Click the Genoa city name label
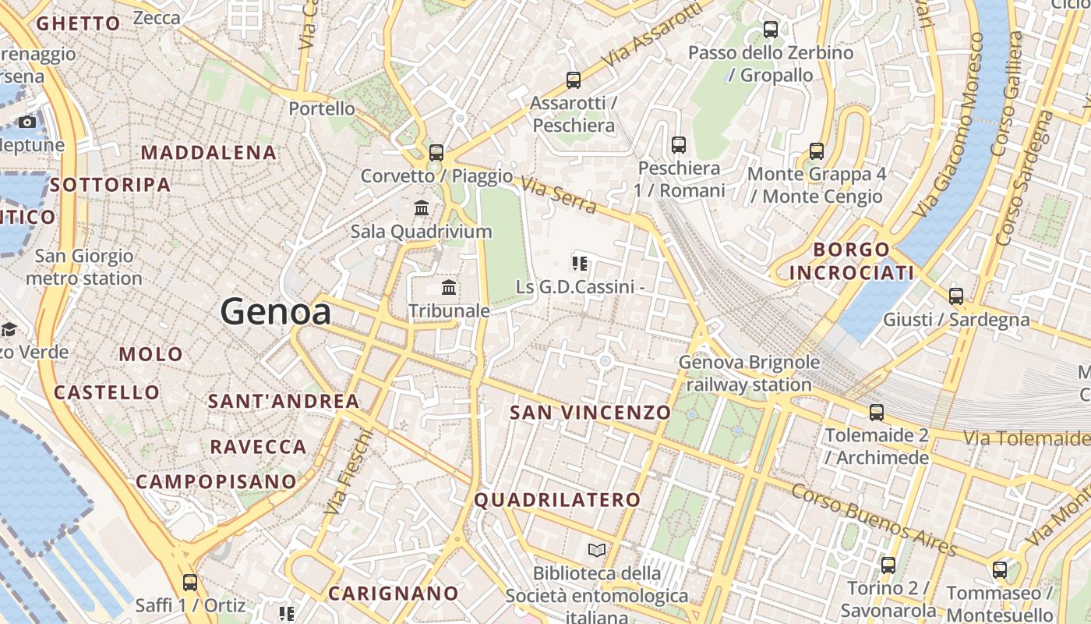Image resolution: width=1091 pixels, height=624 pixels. [275, 312]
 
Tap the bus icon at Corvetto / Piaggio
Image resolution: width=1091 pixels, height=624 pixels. [436, 152]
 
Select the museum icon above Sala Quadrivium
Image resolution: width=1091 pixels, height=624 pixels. [422, 207]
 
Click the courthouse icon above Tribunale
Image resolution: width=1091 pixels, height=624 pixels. [449, 287]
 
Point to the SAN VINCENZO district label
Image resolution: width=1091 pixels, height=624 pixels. [590, 413]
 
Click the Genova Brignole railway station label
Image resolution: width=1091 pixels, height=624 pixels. [749, 373]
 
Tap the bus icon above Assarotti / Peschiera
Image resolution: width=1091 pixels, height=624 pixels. [574, 80]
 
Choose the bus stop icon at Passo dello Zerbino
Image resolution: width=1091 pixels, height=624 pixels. [771, 30]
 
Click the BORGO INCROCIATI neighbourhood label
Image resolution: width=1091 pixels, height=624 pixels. [851, 261]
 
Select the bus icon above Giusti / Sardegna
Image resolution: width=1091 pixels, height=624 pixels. [956, 296]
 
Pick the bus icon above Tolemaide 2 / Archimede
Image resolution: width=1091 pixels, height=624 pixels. [877, 412]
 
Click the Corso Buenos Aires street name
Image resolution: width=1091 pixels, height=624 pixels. [874, 519]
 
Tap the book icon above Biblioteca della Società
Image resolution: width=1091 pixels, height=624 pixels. [597, 551]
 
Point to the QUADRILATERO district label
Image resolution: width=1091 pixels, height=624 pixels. [557, 500]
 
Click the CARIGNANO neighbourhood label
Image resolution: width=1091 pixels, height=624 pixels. [393, 594]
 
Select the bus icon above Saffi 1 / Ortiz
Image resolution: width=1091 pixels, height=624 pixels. [190, 582]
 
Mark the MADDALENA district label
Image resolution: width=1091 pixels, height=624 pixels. [209, 153]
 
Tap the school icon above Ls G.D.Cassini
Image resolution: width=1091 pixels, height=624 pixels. [579, 263]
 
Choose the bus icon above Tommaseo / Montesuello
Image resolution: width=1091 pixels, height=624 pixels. [1000, 569]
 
